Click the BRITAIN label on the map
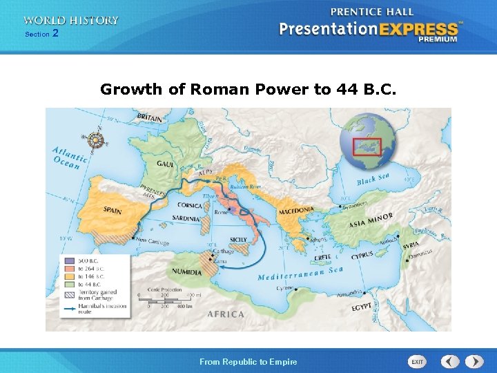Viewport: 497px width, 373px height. [x=150, y=118]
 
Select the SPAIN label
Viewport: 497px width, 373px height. [x=114, y=209]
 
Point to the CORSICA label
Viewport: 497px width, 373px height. [x=189, y=205]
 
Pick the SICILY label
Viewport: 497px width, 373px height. [x=237, y=239]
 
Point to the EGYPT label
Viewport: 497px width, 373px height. [x=361, y=307]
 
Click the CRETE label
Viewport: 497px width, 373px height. [x=322, y=258]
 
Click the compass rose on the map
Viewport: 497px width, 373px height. [x=97, y=140]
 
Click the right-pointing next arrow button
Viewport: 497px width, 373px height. [x=474, y=361]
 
